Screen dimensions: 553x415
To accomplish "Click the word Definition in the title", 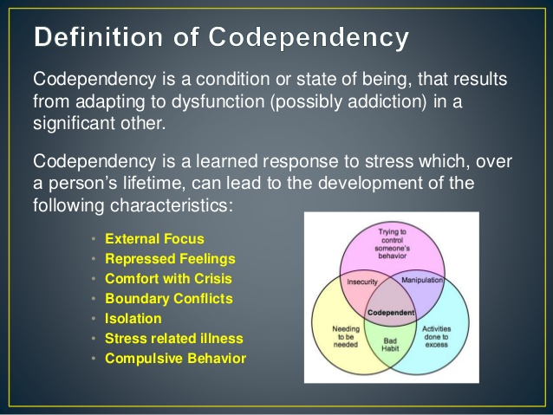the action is click(99, 36).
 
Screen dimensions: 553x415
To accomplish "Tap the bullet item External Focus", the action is click(154, 239).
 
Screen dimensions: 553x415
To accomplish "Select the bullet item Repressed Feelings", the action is click(170, 259).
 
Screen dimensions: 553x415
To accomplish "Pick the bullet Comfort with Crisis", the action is click(168, 279).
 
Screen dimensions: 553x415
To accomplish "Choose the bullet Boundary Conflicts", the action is click(169, 299).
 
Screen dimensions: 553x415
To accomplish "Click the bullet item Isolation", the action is click(133, 318).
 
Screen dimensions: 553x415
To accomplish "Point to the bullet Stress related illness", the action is click(174, 339).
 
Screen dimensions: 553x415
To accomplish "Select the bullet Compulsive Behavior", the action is click(175, 358).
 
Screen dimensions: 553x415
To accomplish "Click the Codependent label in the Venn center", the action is click(391, 313).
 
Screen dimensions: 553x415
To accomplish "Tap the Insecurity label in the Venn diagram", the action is click(361, 282).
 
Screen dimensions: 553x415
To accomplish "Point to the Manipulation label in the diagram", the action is click(422, 280).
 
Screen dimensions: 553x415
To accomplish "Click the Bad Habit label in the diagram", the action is click(390, 345).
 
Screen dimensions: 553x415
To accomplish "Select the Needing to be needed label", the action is click(346, 336).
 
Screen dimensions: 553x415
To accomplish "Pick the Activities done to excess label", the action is click(436, 336).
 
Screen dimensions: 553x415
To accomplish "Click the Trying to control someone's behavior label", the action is click(392, 243).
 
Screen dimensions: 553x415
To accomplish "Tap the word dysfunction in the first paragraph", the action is click(218, 101).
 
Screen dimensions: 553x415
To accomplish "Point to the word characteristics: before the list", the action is click(172, 205).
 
